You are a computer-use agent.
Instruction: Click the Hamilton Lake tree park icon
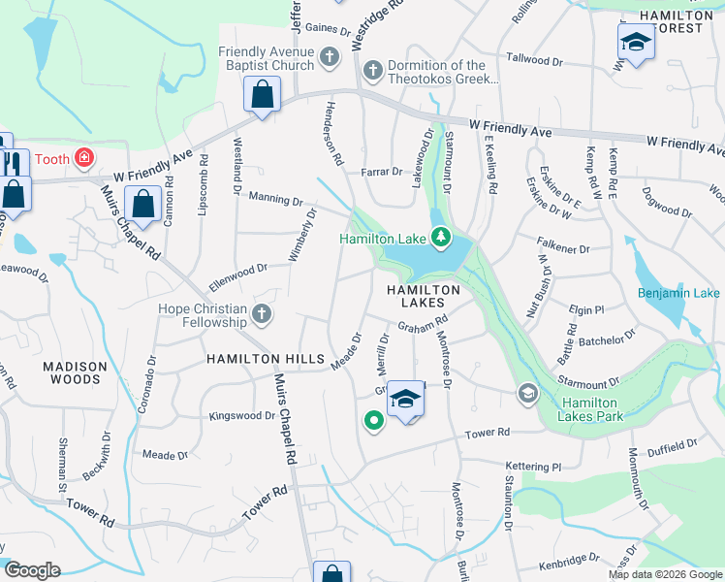(x=441, y=237)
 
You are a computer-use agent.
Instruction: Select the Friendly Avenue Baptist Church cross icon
(x=330, y=55)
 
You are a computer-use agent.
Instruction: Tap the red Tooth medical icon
(x=85, y=156)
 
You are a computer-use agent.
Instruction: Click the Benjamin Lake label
(x=678, y=293)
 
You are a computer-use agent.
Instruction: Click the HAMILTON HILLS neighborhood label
(x=265, y=359)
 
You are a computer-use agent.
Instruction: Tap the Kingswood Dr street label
(x=242, y=416)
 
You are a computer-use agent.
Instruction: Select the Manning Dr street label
(x=276, y=199)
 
